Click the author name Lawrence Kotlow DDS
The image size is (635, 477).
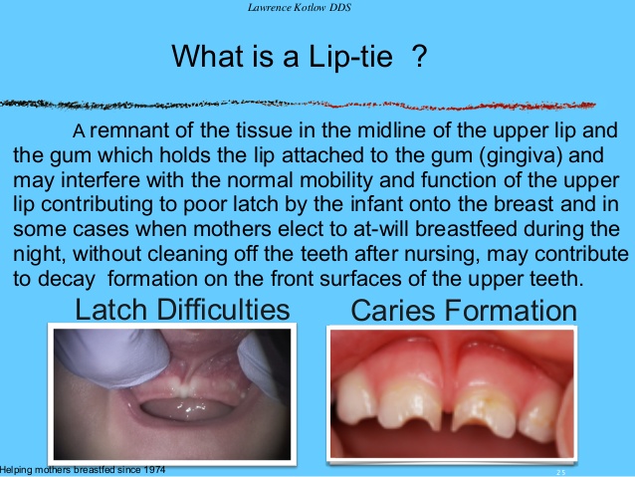click(x=317, y=9)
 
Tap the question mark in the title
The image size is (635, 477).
click(x=421, y=57)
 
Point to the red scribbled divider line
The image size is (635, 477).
click(x=299, y=102)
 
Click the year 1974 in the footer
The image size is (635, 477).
click(x=152, y=469)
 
